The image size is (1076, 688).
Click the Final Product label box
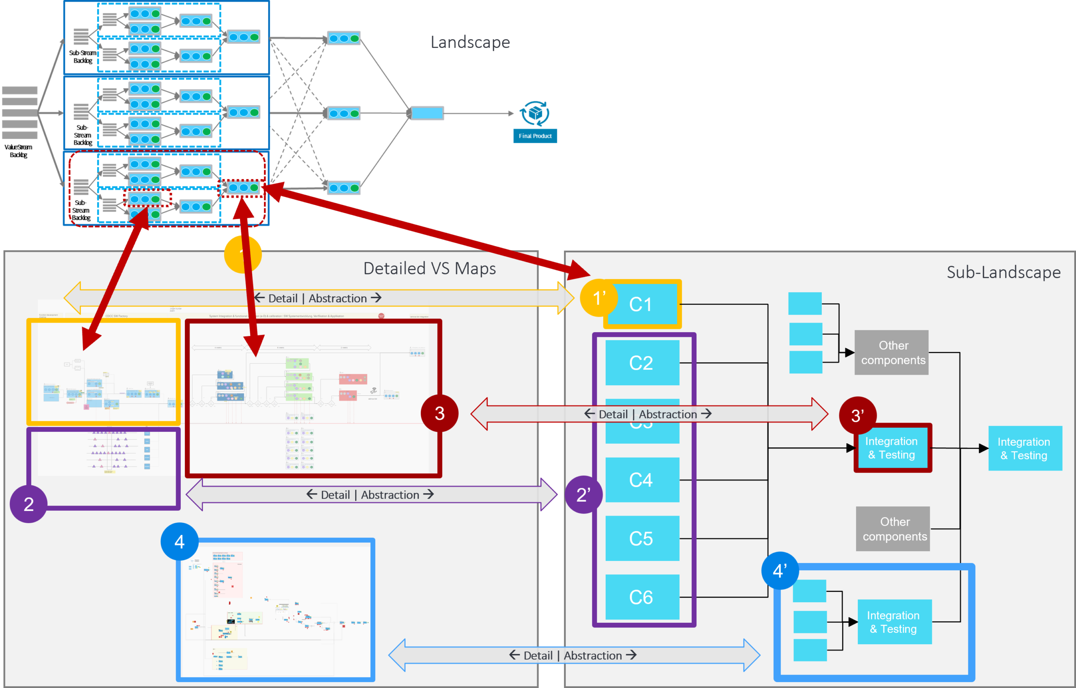(535, 136)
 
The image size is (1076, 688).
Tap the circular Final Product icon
(535, 113)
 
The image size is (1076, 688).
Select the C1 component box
(642, 304)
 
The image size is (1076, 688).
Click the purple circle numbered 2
(29, 504)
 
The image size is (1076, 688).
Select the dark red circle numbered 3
(439, 413)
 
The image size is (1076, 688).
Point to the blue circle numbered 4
(179, 541)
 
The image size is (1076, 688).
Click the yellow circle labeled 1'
(599, 298)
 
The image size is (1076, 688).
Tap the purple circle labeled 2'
(583, 495)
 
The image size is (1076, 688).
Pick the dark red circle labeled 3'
(857, 415)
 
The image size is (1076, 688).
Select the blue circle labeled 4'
(780, 570)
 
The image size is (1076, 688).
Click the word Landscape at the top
(470, 42)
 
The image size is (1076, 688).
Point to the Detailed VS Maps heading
(430, 268)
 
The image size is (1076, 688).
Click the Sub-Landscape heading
(1003, 272)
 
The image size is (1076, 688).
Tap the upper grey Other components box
(891, 352)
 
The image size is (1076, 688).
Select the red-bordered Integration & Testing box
(892, 448)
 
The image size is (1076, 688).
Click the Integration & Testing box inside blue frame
(894, 622)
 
